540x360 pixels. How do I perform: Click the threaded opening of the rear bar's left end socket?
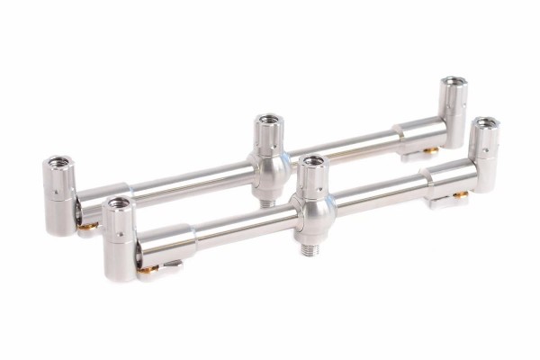[x=58, y=163]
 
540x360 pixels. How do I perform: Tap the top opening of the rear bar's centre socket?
[x=267, y=120]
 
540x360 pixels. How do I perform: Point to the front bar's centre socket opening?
[x=312, y=163]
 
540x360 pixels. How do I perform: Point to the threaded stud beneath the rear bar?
[x=267, y=202]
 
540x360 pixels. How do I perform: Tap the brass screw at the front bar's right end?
[x=460, y=194]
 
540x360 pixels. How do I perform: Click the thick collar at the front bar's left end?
[x=166, y=245]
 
